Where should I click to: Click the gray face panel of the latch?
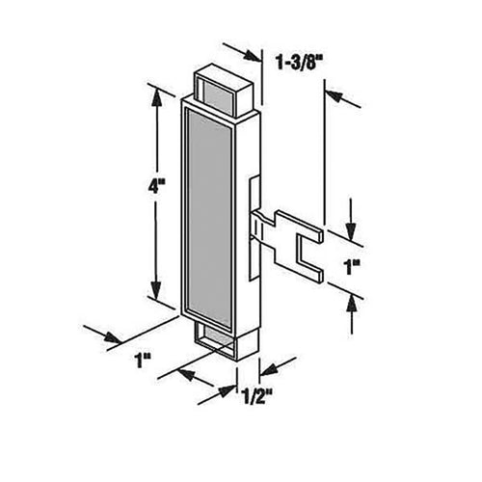216,214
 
